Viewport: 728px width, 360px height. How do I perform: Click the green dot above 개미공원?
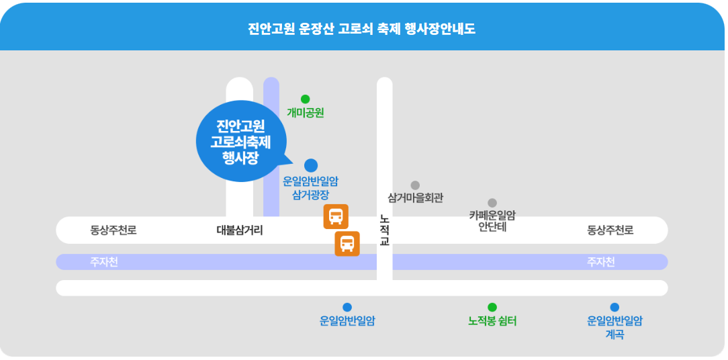[x=305, y=99]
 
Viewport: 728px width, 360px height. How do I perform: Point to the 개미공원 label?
[x=305, y=112]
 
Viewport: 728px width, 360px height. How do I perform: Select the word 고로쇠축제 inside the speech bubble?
[x=240, y=142]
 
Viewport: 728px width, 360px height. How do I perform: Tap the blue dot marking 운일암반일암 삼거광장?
[x=310, y=165]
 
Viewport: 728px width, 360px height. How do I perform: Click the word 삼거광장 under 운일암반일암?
[x=310, y=195]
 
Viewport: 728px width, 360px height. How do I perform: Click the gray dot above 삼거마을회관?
[x=415, y=185]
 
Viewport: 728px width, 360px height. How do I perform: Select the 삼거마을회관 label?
[x=416, y=198]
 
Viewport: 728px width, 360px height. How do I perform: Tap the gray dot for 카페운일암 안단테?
[x=492, y=203]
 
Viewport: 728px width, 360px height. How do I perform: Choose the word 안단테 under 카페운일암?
[x=492, y=228]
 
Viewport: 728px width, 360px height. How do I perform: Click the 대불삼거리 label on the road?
[x=240, y=230]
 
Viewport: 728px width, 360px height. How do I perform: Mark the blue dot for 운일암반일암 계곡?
[x=615, y=307]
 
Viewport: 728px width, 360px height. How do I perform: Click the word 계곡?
[x=615, y=334]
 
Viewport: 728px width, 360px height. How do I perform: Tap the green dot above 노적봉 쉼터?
[x=492, y=307]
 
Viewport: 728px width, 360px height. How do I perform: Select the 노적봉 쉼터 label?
[x=492, y=321]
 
